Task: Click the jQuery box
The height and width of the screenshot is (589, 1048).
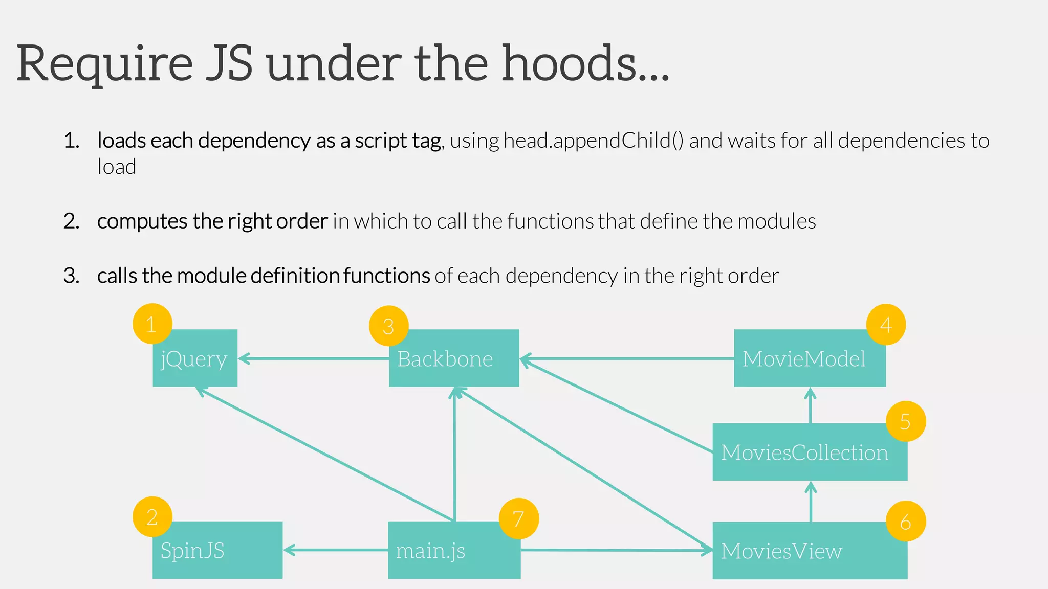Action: (x=195, y=364)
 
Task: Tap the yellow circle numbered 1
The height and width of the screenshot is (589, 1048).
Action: (x=152, y=324)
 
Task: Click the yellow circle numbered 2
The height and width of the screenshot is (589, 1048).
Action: (x=152, y=517)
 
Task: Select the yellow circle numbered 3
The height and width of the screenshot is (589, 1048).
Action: (x=388, y=326)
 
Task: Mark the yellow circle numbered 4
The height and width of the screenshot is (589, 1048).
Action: (x=886, y=325)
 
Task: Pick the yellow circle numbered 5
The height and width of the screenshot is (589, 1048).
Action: (x=905, y=421)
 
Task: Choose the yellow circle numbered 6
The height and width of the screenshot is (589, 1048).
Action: (x=905, y=521)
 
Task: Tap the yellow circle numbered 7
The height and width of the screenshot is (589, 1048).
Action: (x=518, y=519)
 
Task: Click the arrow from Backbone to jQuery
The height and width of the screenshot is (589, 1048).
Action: (x=313, y=358)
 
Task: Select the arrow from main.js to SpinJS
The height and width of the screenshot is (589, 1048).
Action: (x=335, y=550)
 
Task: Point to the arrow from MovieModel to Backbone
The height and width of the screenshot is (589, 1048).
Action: (x=627, y=359)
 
